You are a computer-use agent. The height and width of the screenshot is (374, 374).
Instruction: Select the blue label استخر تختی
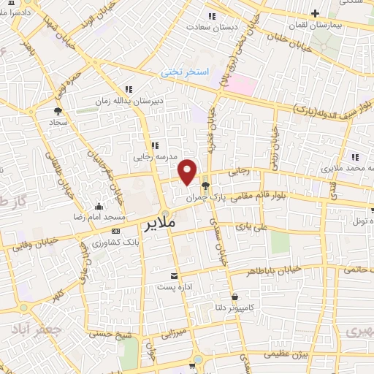point(185,72)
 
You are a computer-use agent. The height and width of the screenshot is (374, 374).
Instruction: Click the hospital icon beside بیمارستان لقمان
point(314,13)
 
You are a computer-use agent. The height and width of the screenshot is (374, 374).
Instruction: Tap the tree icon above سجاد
point(57,111)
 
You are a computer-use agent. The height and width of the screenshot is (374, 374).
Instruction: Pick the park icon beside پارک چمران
point(207,185)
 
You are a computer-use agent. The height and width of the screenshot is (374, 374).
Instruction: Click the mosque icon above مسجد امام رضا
point(99,205)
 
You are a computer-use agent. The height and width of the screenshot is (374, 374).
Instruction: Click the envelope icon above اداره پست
point(174,275)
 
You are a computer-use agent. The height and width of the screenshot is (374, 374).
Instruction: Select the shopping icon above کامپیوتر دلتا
point(234,297)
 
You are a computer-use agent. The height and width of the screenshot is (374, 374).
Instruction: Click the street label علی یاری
point(248,228)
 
